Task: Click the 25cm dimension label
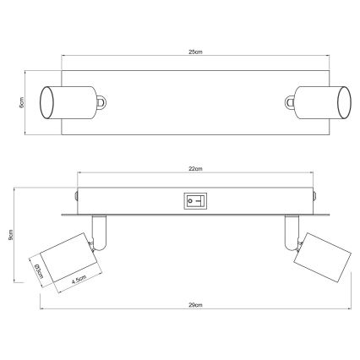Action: (x=195, y=52)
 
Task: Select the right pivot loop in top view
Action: (x=288, y=102)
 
